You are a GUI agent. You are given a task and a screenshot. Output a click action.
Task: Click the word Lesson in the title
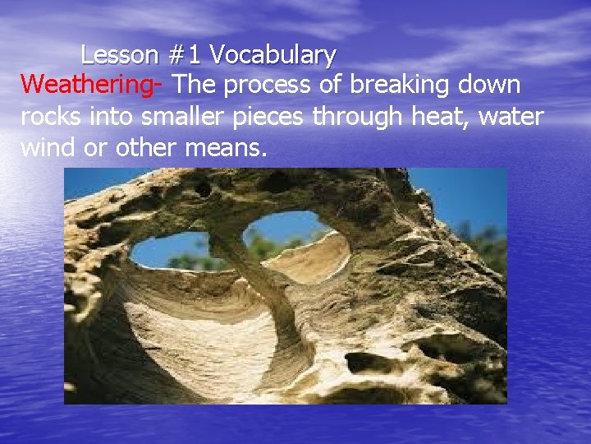coord(120,55)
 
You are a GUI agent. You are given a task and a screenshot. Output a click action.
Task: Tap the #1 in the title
coord(186,55)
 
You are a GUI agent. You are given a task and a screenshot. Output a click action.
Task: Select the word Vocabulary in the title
coord(273,55)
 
